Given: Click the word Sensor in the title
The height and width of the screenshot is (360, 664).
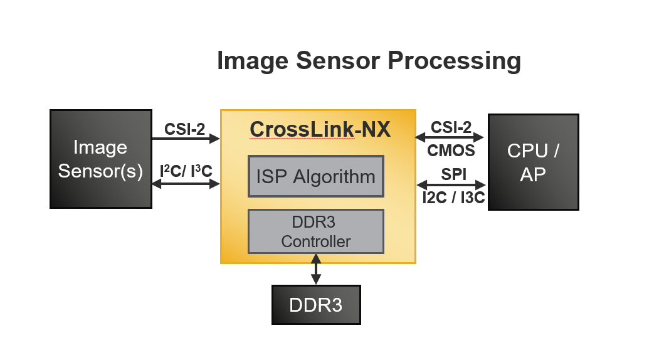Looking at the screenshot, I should pyautogui.click(x=337, y=61).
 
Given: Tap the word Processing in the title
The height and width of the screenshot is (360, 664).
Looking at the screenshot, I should pyautogui.click(x=454, y=61).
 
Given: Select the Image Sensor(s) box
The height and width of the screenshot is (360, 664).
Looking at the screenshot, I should pyautogui.click(x=100, y=159).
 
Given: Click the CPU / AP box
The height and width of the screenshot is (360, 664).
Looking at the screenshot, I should pyautogui.click(x=533, y=162).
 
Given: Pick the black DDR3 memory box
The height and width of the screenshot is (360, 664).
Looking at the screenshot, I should pyautogui.click(x=315, y=305).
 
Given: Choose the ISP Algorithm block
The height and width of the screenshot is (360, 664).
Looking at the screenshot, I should pyautogui.click(x=315, y=176).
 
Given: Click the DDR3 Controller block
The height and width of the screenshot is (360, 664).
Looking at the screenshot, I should pyautogui.click(x=315, y=231).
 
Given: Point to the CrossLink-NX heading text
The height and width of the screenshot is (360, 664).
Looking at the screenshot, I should pyautogui.click(x=320, y=129).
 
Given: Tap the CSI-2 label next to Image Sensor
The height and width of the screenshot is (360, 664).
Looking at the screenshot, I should pyautogui.click(x=185, y=129).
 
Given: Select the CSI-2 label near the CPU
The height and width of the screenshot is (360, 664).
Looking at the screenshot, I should pyautogui.click(x=451, y=127).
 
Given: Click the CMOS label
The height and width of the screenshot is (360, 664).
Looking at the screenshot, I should pyautogui.click(x=451, y=151).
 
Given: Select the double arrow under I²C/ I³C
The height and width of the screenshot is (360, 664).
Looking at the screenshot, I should pyautogui.click(x=186, y=184).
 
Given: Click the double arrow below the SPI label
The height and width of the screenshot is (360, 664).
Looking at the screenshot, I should pyautogui.click(x=451, y=185).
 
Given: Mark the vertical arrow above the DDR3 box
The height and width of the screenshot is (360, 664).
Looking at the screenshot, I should pyautogui.click(x=315, y=269).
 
